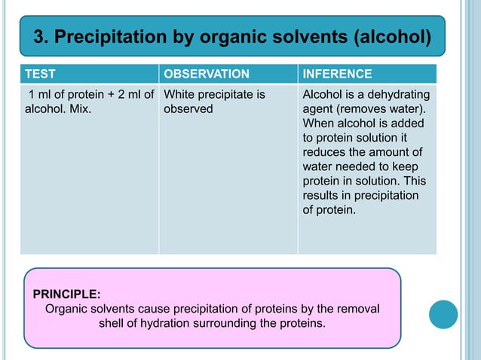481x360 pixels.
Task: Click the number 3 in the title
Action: [40, 35]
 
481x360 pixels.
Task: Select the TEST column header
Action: [40, 74]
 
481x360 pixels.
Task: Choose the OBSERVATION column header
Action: [207, 74]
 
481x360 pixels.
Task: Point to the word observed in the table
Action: [188, 109]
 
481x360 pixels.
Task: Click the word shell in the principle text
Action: [112, 323]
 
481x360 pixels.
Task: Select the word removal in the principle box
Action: [360, 308]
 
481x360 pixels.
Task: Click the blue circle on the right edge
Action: [443, 314]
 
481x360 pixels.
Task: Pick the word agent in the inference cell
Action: [317, 109]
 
